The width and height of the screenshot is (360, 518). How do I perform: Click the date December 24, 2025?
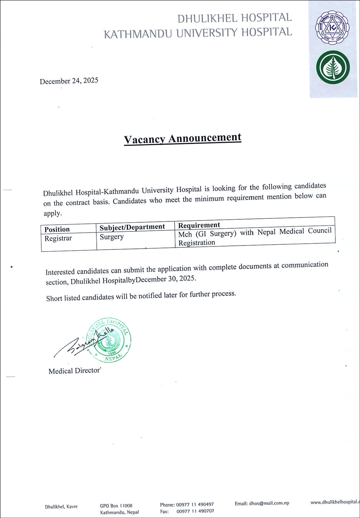tap(69, 81)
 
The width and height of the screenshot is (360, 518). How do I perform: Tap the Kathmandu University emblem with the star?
tap(332, 27)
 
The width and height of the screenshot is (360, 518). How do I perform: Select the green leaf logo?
tap(333, 68)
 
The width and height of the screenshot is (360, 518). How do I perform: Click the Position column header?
tap(57, 229)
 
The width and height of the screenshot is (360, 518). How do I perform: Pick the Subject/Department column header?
tap(132, 227)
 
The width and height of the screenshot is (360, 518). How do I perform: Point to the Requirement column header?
tap(199, 225)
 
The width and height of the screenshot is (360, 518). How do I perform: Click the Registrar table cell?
tap(58, 238)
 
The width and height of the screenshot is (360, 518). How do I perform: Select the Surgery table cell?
tap(112, 237)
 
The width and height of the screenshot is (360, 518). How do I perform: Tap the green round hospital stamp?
tap(109, 340)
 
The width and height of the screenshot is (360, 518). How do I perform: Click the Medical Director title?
tap(74, 371)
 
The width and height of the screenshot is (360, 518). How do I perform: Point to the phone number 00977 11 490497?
tap(195, 504)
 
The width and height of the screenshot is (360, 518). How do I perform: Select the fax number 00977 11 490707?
tap(195, 511)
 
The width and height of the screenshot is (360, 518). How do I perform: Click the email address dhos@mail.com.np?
tap(269, 503)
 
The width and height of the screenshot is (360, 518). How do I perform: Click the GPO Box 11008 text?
tap(116, 506)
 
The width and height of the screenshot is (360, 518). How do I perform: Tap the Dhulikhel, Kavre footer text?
tap(61, 507)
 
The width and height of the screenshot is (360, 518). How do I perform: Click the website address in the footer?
tap(335, 502)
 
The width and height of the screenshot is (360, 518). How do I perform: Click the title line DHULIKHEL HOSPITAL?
tap(234, 18)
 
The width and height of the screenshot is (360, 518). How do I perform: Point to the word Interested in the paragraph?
tap(60, 271)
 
